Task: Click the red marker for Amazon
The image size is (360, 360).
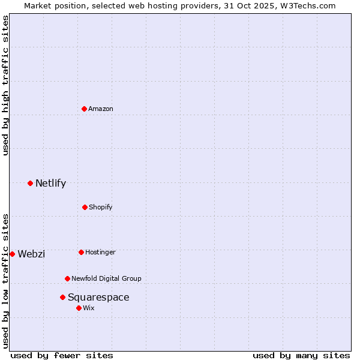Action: pyautogui.click(x=85, y=109)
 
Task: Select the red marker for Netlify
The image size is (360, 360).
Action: pyautogui.click(x=30, y=183)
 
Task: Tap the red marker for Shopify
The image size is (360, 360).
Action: pyautogui.click(x=85, y=207)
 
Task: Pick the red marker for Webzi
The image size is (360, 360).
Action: pyautogui.click(x=12, y=254)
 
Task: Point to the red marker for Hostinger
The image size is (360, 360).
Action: pyautogui.click(x=81, y=252)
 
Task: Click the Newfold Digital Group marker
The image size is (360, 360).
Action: pyautogui.click(x=67, y=278)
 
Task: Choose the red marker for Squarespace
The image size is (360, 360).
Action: pyautogui.click(x=62, y=297)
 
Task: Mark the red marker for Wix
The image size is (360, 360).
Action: pyautogui.click(x=79, y=308)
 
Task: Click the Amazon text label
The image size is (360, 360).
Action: pyautogui.click(x=101, y=109)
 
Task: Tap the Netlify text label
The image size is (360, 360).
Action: pyautogui.click(x=50, y=184)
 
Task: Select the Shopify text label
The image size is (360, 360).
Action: pyautogui.click(x=101, y=207)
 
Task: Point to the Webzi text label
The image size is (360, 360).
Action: pyautogui.click(x=31, y=254)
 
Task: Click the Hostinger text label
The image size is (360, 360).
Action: pyautogui.click(x=100, y=253)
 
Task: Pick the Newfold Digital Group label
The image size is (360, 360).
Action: pyautogui.click(x=106, y=278)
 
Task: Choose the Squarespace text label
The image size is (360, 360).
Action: pyautogui.click(x=98, y=298)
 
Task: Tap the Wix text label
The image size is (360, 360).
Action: pyautogui.click(x=89, y=308)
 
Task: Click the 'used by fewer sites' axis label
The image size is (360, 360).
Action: pyautogui.click(x=62, y=355)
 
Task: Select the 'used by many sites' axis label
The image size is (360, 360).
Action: pyautogui.click(x=301, y=355)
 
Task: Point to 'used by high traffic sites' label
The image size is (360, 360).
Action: pyautogui.click(x=5, y=85)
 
